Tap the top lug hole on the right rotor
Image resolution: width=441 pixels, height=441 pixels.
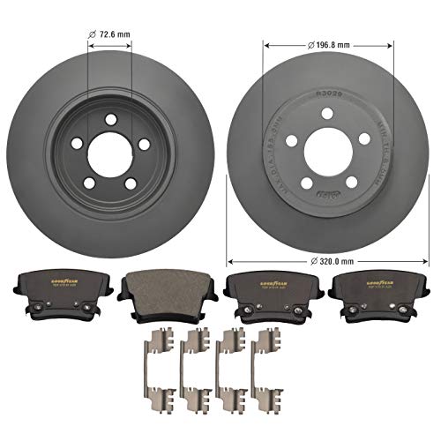[327, 114]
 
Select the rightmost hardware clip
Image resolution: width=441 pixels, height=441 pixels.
[263, 362]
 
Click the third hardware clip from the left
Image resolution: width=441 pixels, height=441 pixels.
[229, 362]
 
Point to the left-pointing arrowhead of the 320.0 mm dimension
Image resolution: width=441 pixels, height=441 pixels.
[231, 261]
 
